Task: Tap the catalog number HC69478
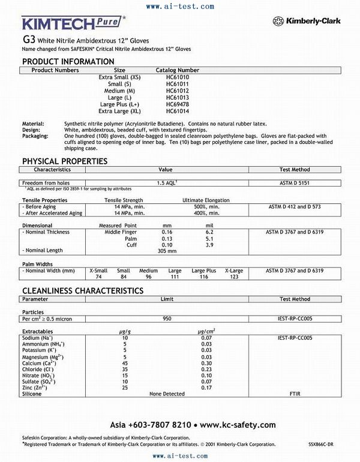tap(177, 104)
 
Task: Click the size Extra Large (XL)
tap(119, 111)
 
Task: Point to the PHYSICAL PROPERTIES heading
tap(65, 161)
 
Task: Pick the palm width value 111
tap(175, 277)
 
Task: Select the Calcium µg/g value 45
tap(125, 363)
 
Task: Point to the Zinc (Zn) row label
tap(37, 388)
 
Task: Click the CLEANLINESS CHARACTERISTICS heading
tap(83, 290)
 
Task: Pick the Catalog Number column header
tap(178, 70)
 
